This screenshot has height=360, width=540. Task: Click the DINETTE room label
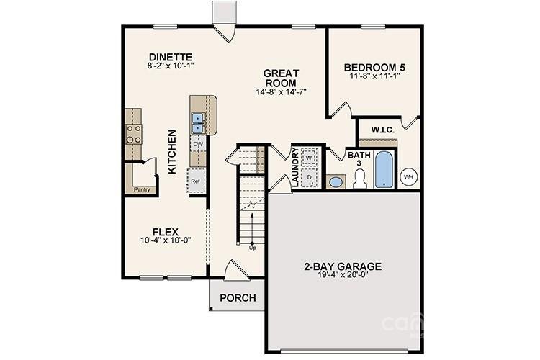point(171,57)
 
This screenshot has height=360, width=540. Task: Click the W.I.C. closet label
point(382,130)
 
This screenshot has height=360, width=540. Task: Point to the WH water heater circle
point(409,176)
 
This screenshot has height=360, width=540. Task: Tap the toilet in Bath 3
point(360,177)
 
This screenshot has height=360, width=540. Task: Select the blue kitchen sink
point(198,123)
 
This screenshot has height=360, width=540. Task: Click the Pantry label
point(142,189)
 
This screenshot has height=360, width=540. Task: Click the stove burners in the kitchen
point(134,131)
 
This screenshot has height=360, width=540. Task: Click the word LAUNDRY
point(295,168)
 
